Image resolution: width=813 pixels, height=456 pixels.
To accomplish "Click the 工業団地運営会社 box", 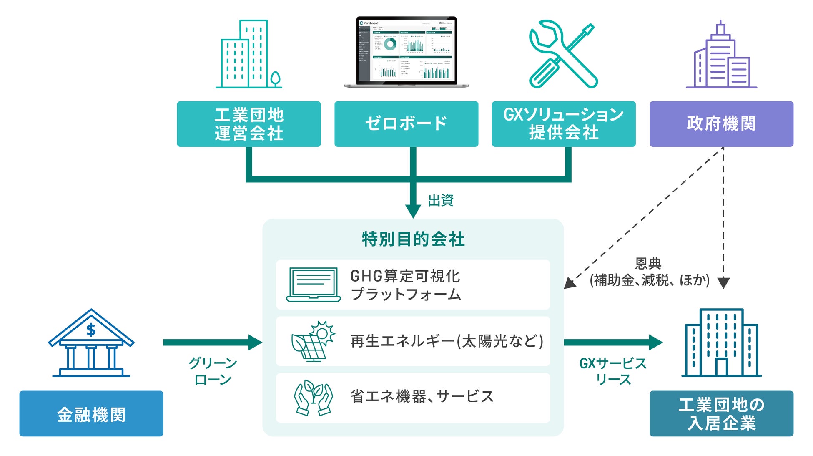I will [248, 124].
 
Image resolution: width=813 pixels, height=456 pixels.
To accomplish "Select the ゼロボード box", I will [406, 124].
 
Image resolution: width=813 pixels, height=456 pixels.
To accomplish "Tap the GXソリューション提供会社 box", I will [563, 124].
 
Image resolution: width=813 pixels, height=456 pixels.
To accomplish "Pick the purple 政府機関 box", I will [721, 124].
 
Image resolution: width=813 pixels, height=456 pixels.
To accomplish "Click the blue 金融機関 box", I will [91, 413].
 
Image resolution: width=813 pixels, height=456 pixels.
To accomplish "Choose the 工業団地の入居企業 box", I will [721, 413].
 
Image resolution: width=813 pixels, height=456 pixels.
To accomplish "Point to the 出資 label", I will [441, 200].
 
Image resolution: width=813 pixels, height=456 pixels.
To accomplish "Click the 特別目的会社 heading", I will [413, 239].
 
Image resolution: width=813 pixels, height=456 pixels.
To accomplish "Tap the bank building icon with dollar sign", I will [91, 343].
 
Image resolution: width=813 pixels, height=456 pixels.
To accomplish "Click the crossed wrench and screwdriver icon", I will [563, 54].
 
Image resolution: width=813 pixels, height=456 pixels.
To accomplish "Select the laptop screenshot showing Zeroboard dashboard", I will [406, 52].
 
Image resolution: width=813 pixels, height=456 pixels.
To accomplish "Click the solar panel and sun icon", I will [313, 341].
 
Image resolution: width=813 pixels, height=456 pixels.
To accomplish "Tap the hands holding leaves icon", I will [313, 397].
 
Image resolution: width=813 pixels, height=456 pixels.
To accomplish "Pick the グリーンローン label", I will [213, 371].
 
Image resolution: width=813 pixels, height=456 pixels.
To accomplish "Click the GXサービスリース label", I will [613, 371].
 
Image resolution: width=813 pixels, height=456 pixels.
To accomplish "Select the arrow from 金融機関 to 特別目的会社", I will [213, 343].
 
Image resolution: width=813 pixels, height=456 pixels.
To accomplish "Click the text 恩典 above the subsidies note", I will [648, 263].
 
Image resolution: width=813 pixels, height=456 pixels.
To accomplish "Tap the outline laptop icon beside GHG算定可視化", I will [314, 285].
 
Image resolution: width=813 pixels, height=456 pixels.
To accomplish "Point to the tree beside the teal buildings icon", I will [275, 79].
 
